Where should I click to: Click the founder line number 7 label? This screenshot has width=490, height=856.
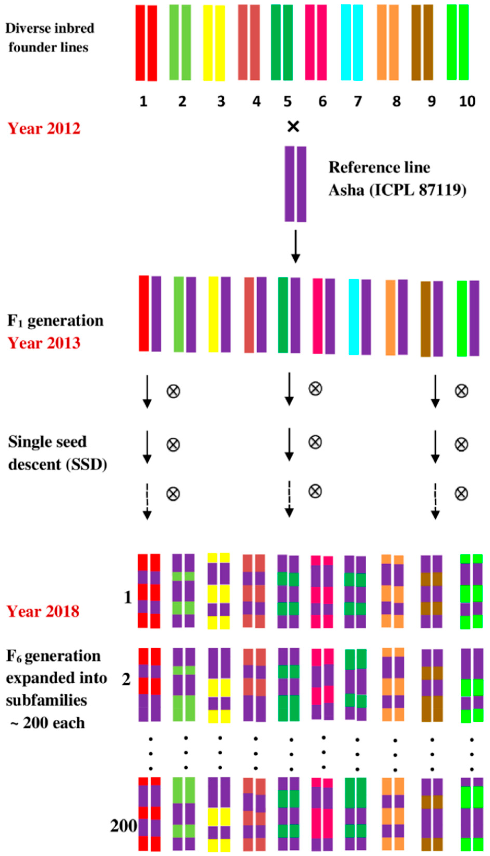click(358, 101)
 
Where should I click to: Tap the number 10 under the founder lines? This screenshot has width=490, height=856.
click(467, 101)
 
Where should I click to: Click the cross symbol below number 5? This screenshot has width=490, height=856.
click(293, 127)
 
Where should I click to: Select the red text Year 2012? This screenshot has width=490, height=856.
click(44, 129)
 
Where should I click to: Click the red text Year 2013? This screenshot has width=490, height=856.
click(44, 343)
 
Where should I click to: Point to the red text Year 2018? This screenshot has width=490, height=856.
click(43, 611)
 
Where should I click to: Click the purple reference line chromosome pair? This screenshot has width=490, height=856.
click(295, 184)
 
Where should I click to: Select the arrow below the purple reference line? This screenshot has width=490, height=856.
click(295, 246)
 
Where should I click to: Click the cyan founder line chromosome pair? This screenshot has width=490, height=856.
click(352, 43)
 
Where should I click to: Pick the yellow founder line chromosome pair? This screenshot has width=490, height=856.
click(214, 43)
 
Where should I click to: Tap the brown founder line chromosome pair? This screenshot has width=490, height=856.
click(422, 43)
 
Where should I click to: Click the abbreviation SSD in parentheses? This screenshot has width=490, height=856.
click(87, 465)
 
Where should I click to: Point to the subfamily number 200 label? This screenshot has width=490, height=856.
click(123, 826)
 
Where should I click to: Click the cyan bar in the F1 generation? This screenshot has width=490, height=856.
click(354, 317)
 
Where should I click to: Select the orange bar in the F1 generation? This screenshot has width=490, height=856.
click(390, 317)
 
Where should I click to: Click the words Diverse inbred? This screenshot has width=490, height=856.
click(50, 28)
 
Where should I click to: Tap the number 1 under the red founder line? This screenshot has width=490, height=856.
click(143, 101)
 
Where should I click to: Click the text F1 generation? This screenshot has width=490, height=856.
click(56, 321)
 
